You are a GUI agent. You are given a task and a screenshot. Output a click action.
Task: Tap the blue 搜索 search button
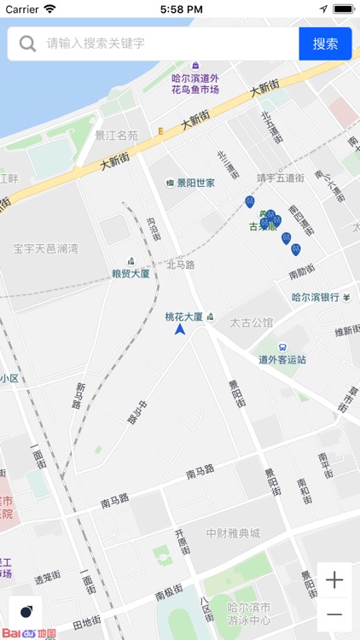coord(325,44)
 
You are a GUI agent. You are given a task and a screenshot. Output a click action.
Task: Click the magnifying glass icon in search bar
coord(28,44)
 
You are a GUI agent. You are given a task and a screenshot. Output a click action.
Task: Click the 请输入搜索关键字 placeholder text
coord(96,44)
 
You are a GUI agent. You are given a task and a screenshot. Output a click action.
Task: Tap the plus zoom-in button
coord(334,580)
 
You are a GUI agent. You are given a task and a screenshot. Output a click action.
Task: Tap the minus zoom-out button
coord(334,614)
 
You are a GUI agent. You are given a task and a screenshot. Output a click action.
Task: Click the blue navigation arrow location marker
coord(180,329)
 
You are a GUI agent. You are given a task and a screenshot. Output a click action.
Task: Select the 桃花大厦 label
coord(184,317)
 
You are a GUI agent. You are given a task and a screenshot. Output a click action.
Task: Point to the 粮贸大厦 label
coord(131,274)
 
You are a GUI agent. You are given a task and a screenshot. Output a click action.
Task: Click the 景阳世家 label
coord(195,183)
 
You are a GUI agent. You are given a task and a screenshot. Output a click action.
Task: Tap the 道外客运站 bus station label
coord(282,359)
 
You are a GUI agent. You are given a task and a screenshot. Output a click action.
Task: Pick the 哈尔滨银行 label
coord(316,298)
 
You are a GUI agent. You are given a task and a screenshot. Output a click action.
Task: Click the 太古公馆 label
coord(252,323)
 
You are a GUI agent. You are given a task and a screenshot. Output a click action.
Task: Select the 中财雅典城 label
coord(233,533)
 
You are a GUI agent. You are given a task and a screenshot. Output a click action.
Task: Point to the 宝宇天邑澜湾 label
coord(45,248)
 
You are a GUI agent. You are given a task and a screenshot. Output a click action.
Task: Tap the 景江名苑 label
coord(116,135)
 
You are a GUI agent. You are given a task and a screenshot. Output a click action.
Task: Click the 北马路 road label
coord(180,265)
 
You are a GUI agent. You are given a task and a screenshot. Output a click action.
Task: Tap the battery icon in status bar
coord(343,9)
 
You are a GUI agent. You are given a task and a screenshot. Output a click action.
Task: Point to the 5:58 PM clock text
coord(180,9)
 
